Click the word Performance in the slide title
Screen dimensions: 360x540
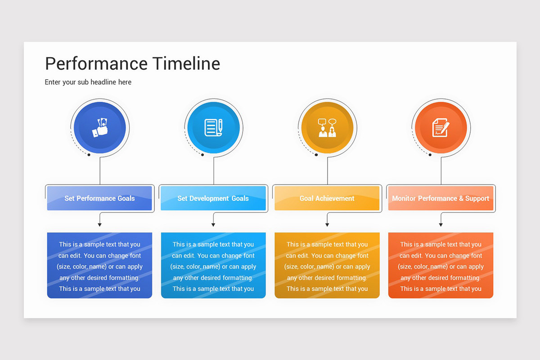click(96, 64)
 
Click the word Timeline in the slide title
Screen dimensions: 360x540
click(186, 64)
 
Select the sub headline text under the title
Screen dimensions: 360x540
click(88, 82)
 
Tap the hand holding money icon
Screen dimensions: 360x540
click(100, 127)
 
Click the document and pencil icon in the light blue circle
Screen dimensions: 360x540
click(213, 127)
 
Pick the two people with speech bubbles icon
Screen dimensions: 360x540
click(327, 127)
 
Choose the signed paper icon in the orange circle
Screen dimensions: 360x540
click(441, 127)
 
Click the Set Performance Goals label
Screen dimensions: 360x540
click(99, 198)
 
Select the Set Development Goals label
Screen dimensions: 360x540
click(213, 198)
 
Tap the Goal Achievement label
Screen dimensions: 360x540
click(327, 198)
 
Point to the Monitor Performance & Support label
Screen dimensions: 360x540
click(441, 198)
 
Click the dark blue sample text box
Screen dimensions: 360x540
click(99, 265)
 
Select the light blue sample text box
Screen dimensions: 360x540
click(213, 265)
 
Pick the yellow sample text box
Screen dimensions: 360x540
click(327, 265)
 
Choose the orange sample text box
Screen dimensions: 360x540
click(441, 265)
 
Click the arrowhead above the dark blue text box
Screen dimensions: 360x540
click(99, 225)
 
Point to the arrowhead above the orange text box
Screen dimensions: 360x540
click(441, 225)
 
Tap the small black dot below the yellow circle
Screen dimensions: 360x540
click(316, 155)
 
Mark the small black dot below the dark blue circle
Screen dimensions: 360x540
click(89, 155)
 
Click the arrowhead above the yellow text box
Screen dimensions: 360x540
click(327, 225)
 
